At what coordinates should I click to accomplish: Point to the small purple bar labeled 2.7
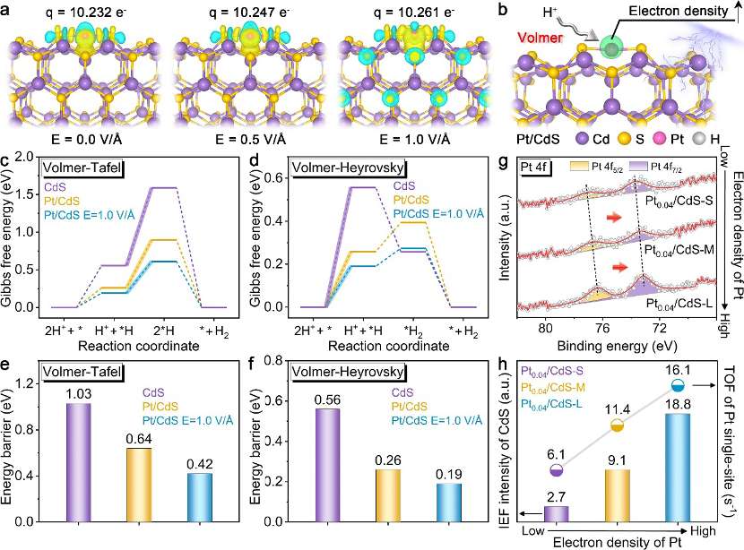point(556,512)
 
